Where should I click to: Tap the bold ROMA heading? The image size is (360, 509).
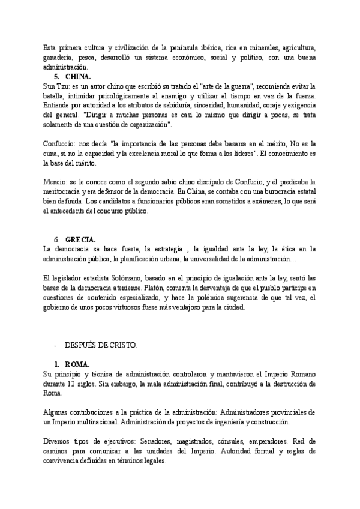tap(77, 364)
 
